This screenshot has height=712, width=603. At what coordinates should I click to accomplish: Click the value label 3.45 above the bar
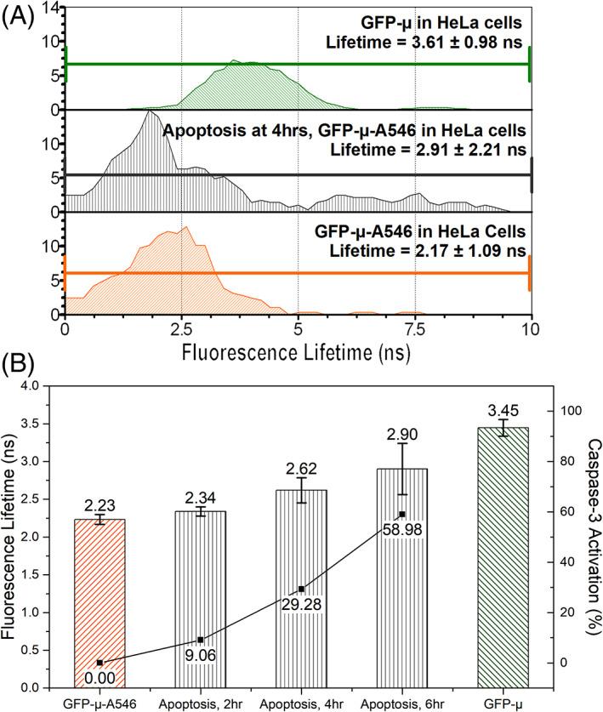[x=503, y=410]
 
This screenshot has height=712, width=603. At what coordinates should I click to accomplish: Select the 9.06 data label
[x=201, y=655]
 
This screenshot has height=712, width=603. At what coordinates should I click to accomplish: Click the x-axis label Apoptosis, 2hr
[x=201, y=702]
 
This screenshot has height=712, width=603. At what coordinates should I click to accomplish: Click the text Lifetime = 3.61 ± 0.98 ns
[x=425, y=39]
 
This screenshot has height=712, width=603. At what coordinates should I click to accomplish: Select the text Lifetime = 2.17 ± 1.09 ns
[x=425, y=248]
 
